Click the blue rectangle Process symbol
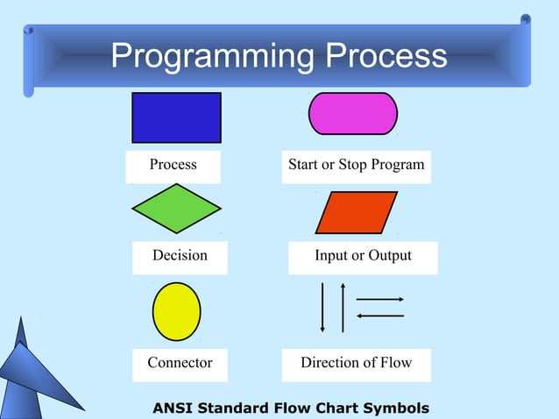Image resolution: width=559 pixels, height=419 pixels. point(176,117)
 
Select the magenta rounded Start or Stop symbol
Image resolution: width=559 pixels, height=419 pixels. point(353,114)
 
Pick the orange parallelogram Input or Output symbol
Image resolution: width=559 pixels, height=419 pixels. point(356,212)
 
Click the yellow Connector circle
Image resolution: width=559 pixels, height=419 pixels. point(176,311)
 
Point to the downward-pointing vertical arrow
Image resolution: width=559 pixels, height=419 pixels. point(323,308)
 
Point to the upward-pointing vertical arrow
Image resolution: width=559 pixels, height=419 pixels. point(343,308)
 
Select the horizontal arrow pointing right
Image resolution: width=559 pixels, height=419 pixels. point(379,300)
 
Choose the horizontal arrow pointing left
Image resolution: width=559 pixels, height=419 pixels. point(379,316)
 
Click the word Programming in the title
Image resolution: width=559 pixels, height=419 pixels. point(211,56)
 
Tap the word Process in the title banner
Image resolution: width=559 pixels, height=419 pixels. point(386,56)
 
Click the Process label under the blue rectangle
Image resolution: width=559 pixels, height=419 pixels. point(173,165)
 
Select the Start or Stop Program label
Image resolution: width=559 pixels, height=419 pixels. point(356,165)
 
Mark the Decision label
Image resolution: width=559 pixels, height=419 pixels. point(180,255)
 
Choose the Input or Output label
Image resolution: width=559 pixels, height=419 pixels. point(363,255)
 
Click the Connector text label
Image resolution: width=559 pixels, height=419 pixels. point(180,362)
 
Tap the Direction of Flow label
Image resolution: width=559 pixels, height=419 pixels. point(356,362)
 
